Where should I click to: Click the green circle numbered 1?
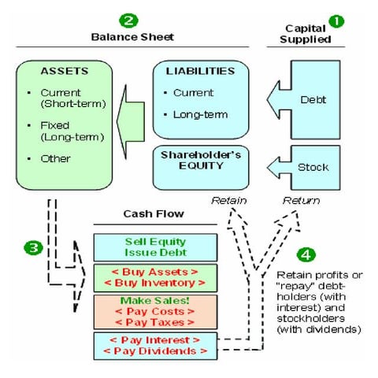[336, 20]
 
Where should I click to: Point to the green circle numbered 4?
[306, 254]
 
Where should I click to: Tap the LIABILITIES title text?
[199, 71]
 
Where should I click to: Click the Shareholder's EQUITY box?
[200, 166]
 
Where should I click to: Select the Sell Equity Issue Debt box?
[145, 247]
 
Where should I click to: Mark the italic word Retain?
[229, 200]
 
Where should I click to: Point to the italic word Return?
[301, 200]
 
